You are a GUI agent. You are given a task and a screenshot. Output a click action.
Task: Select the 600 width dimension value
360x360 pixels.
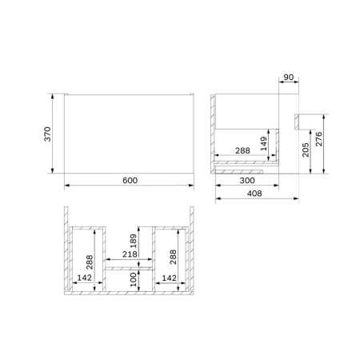[x=130, y=180]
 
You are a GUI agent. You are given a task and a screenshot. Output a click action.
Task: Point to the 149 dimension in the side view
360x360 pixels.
[x=264, y=142]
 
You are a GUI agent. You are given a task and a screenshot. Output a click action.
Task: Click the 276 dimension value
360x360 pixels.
[x=319, y=141]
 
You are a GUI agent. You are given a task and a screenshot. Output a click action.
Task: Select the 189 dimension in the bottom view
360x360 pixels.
[x=134, y=242]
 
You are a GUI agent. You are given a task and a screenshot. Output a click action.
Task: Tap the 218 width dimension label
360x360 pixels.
[x=129, y=255]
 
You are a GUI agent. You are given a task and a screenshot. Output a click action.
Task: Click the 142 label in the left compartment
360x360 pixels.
[x=85, y=278]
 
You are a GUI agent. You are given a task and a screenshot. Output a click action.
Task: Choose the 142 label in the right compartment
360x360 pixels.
[x=168, y=278]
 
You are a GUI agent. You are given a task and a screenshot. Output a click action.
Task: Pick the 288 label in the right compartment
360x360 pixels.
[x=174, y=256]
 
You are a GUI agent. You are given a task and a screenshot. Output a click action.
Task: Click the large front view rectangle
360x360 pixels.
[x=129, y=133]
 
